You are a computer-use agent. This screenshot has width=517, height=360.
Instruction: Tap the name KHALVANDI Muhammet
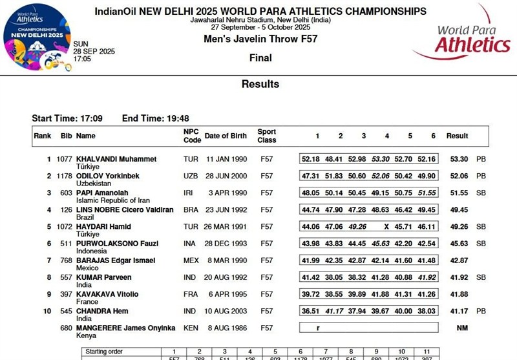116,159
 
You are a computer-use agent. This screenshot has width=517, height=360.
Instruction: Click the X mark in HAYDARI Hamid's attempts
386,227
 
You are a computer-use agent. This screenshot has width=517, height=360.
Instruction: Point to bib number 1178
63,176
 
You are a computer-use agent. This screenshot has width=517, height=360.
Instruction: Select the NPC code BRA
191,210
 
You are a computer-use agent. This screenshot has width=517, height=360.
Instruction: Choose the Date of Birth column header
226,136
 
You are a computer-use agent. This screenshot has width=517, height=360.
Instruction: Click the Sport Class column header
267,136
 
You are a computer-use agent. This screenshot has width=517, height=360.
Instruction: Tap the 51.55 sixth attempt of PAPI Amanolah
427,193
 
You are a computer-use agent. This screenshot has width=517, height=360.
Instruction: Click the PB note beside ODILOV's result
480,176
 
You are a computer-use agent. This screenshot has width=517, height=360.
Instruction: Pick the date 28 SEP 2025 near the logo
94,51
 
